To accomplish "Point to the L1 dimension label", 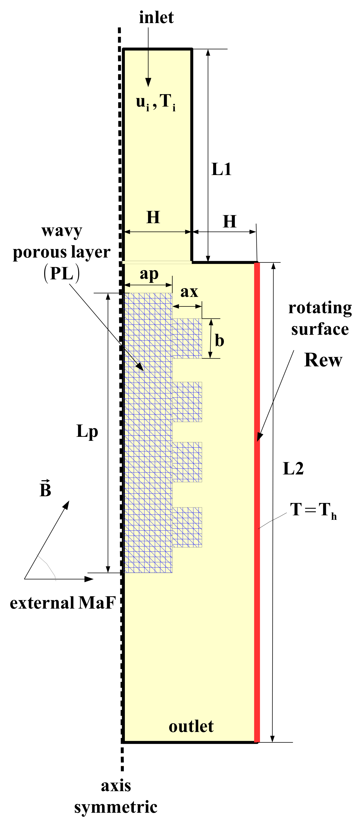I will [x=221, y=169].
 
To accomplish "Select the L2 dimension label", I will [x=293, y=469].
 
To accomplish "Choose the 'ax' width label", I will [x=189, y=292].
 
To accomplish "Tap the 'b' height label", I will [x=219, y=340].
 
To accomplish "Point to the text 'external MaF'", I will [x=63, y=603].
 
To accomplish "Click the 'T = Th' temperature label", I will [x=313, y=510].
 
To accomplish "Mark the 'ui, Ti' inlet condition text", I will [x=156, y=102].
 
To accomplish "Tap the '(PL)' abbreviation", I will [x=62, y=274].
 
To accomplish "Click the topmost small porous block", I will [x=187, y=338].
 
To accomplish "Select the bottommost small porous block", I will [x=187, y=527].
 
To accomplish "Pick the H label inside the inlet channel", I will [x=153, y=217].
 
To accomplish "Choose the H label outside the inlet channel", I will [x=229, y=221].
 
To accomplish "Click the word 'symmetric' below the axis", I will [x=116, y=807].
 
